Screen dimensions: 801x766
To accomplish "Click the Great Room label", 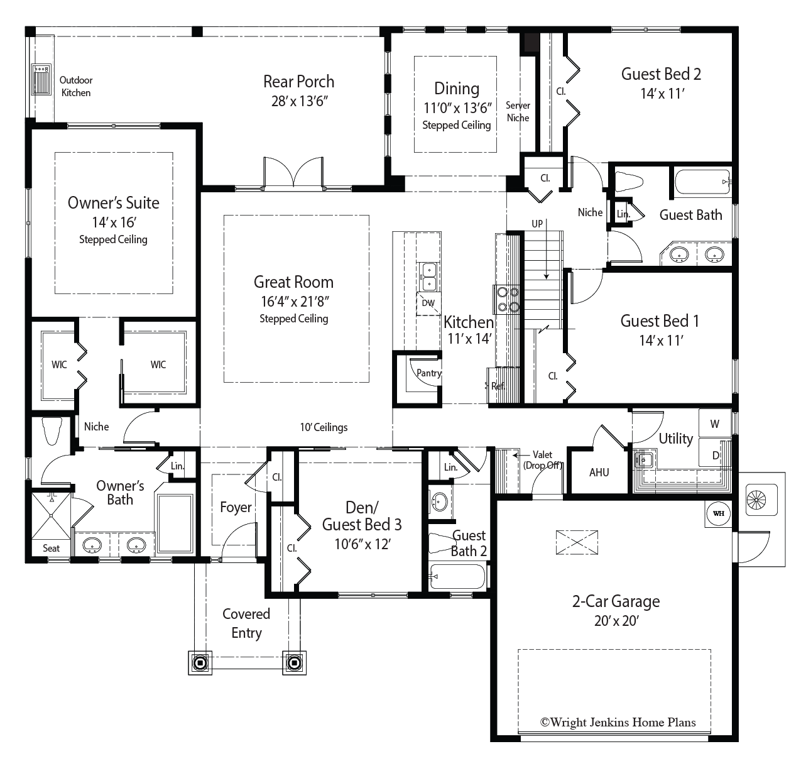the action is [293, 282].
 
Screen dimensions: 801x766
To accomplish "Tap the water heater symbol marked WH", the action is [718, 513].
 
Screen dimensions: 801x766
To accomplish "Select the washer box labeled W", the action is [715, 423].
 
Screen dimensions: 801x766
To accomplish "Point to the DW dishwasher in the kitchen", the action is [428, 304].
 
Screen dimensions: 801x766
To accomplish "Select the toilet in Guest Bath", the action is [629, 182].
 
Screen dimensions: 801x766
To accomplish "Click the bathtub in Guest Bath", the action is [702, 182].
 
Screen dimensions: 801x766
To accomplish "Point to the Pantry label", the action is [429, 373].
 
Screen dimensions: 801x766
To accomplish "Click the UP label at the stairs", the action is [537, 224].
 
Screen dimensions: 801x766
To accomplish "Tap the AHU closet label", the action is [599, 472].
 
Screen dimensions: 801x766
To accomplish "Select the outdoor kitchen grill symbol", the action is [41, 79].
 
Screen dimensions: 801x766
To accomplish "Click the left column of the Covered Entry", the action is [200, 663].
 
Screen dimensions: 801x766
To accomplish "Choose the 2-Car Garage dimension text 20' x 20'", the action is [616, 621].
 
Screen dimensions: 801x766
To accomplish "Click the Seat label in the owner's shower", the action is [51, 548].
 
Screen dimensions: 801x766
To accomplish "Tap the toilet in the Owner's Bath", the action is [52, 430].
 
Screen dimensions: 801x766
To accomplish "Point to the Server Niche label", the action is [518, 112].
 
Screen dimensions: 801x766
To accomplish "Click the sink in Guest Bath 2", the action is [439, 501].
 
